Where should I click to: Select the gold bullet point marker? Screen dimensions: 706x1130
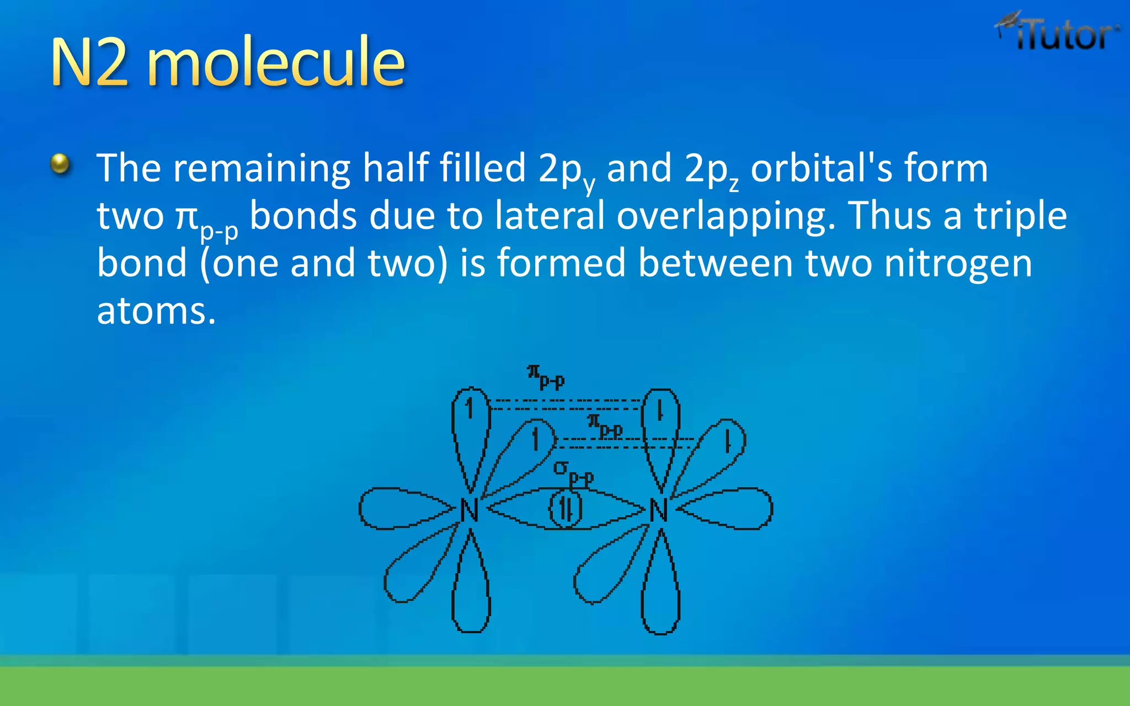pyautogui.click(x=60, y=164)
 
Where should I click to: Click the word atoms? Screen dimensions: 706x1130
pyautogui.click(x=156, y=311)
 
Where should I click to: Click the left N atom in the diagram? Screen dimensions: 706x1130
pyautogui.click(x=469, y=510)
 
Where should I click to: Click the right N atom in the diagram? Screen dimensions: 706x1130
pyautogui.click(x=659, y=510)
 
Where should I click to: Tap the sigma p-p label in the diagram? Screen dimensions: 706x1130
pyautogui.click(x=573, y=473)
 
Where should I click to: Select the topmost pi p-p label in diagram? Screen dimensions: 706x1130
pyautogui.click(x=546, y=376)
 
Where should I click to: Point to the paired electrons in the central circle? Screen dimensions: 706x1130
pyautogui.click(x=566, y=509)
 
